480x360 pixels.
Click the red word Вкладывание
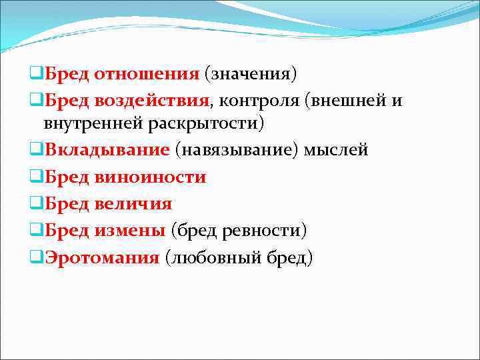(107, 150)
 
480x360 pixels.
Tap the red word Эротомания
(103, 257)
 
